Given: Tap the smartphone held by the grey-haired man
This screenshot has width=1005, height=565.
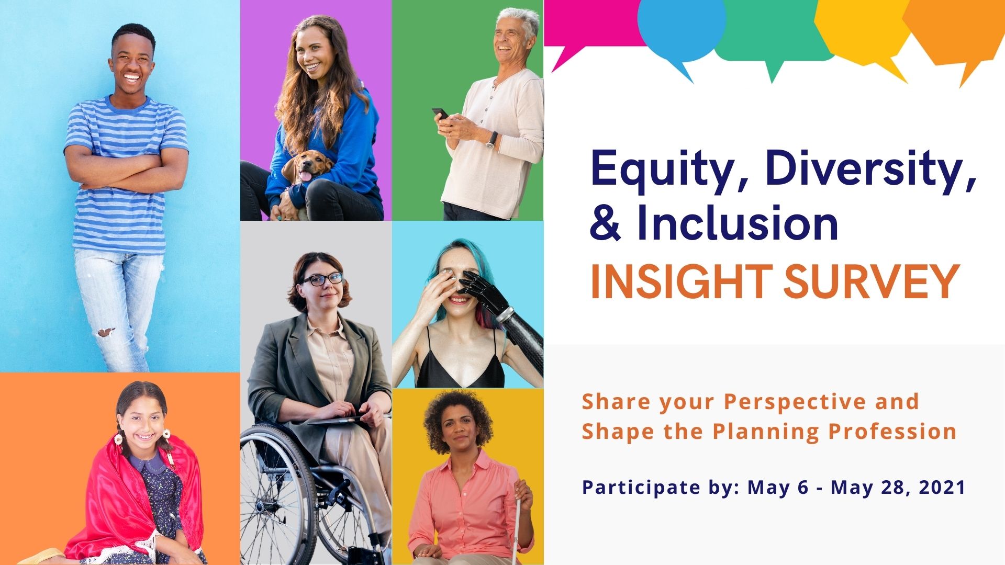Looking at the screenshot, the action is tap(440, 114).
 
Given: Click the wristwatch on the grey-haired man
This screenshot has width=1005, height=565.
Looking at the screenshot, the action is tap(491, 140).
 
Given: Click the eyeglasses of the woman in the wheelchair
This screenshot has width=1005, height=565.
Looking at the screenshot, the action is tap(322, 279).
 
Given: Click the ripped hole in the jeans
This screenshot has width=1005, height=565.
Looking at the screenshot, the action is tap(106, 332).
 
